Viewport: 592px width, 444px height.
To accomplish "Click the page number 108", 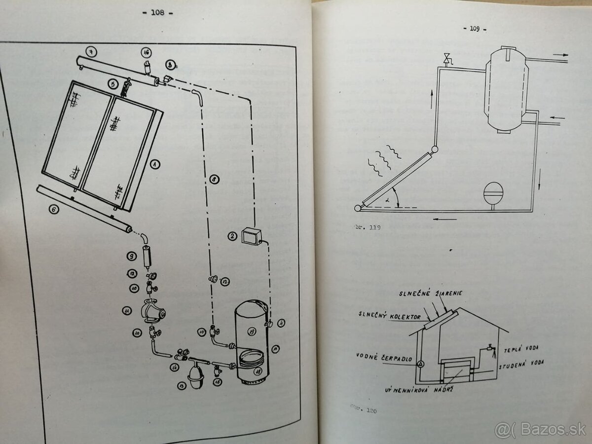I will point(158,13).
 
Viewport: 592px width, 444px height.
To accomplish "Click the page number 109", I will point(475,29).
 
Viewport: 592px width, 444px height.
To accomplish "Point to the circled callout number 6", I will point(55,209).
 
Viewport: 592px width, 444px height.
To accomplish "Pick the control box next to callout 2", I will point(252,235).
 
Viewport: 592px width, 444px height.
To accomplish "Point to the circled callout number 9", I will point(131,256).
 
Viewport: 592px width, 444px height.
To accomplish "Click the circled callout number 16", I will point(146,53).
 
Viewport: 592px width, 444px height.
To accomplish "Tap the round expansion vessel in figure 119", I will point(493,192).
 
